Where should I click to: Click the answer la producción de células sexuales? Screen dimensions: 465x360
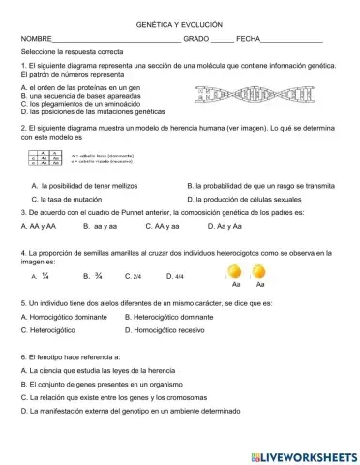coord(251,198)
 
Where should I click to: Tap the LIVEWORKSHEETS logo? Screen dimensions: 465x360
coord(303,455)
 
